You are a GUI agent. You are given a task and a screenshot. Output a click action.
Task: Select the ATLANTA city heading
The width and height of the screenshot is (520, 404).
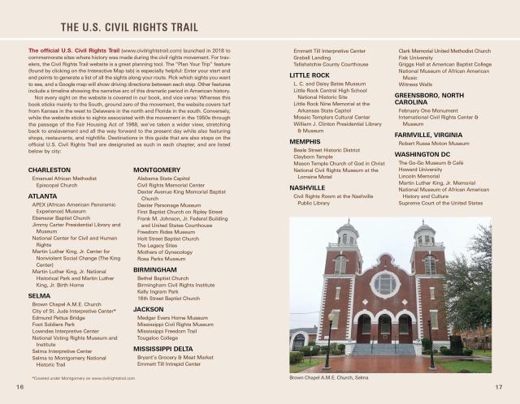click(42, 196)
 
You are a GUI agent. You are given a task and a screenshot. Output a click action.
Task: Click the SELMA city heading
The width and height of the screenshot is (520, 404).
click(39, 295)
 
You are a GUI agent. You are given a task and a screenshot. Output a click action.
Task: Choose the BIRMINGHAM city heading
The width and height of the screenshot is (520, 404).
click(156, 269)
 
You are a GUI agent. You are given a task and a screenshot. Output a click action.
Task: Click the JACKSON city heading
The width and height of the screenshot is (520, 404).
click(149, 309)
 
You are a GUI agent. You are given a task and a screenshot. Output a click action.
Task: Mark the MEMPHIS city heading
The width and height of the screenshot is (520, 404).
click(305, 141)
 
